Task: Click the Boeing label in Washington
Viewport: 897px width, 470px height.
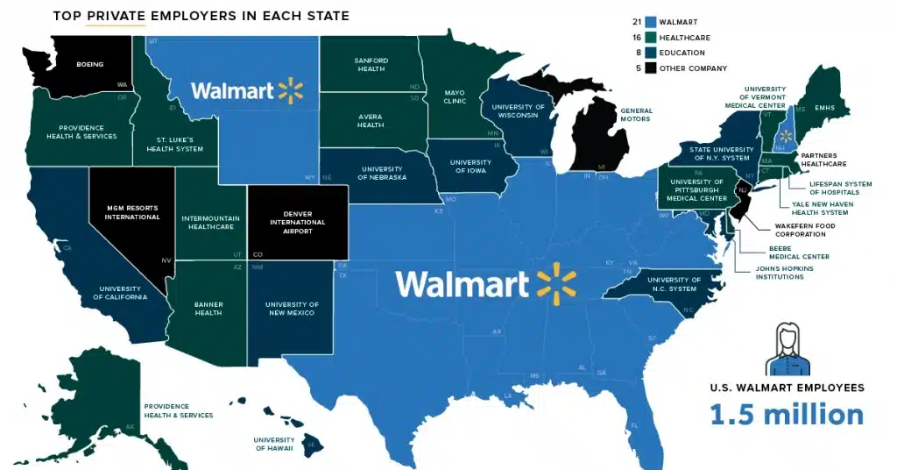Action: coord(90,64)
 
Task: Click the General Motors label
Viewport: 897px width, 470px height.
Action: coord(636,114)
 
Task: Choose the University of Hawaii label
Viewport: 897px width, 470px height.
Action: coord(274,444)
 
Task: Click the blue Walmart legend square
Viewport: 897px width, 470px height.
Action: coord(649,22)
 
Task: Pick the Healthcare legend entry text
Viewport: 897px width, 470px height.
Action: coord(687,38)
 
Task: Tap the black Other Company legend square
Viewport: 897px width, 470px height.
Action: coord(649,68)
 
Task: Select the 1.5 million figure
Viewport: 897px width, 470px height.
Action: coord(787,414)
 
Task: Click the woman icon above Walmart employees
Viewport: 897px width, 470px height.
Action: coord(788,347)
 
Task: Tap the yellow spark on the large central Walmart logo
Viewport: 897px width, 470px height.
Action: coord(557,282)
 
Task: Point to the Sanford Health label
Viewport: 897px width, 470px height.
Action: coord(371,65)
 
